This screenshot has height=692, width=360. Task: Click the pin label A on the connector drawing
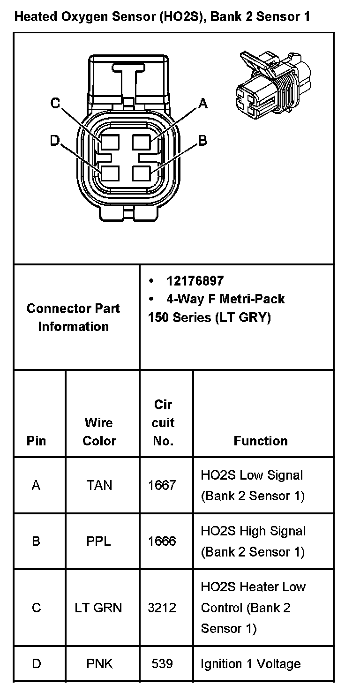click(x=202, y=103)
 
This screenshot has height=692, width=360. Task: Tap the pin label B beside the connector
click(x=202, y=140)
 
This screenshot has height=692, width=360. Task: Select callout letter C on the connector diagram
click(x=55, y=103)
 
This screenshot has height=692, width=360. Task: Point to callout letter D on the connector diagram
click(x=55, y=140)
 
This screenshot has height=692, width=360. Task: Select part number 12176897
click(x=195, y=281)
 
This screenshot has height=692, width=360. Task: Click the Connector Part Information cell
click(x=73, y=317)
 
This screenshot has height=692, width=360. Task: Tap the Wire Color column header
click(x=99, y=431)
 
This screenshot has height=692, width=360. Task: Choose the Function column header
click(x=261, y=441)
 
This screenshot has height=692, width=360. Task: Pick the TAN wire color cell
click(x=99, y=485)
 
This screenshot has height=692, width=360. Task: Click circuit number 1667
click(x=162, y=485)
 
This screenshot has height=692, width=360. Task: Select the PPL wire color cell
click(x=99, y=541)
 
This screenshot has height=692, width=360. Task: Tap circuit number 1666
click(x=162, y=541)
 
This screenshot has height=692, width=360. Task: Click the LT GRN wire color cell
click(x=98, y=608)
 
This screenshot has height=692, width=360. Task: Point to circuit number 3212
click(x=162, y=608)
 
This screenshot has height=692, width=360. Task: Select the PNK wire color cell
click(x=99, y=664)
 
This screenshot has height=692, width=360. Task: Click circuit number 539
click(x=162, y=664)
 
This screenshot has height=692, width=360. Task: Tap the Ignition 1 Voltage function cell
click(x=250, y=664)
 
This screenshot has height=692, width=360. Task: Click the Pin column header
click(x=37, y=441)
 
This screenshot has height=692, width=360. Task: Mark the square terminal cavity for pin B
click(x=141, y=173)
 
